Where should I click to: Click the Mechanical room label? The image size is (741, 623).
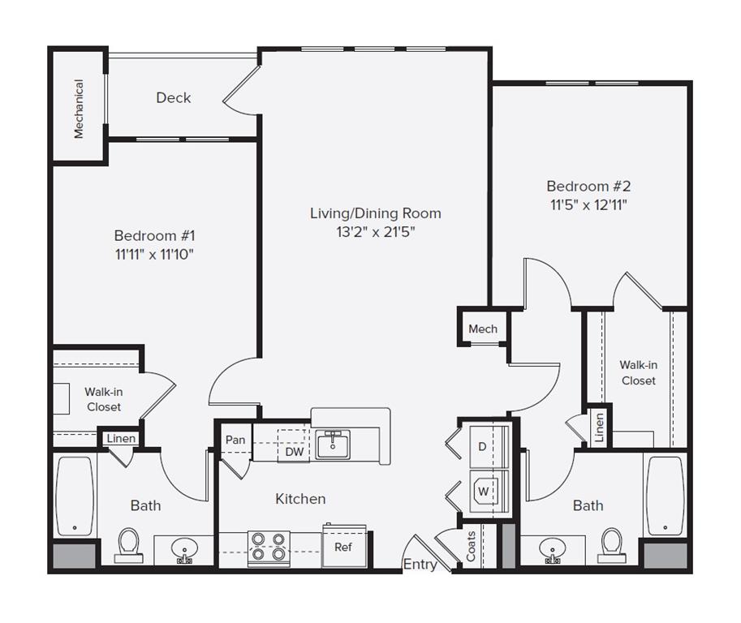click(79, 109)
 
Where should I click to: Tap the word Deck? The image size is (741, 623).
click(173, 97)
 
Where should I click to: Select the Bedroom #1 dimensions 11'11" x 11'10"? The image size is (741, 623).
click(154, 254)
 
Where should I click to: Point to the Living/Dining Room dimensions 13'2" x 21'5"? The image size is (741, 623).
click(376, 231)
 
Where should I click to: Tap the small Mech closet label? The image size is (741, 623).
click(483, 329)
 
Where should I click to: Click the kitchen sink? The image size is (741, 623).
click(333, 445)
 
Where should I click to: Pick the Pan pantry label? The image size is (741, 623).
click(235, 440)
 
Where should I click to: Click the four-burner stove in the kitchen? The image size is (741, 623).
click(268, 546)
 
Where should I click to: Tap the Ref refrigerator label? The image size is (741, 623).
click(343, 547)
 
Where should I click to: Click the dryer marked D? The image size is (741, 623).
click(482, 447)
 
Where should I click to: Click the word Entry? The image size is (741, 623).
click(420, 565)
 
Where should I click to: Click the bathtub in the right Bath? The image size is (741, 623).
click(666, 495)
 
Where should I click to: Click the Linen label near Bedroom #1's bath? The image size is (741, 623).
click(121, 439)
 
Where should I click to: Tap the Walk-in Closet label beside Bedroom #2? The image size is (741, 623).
click(638, 372)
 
